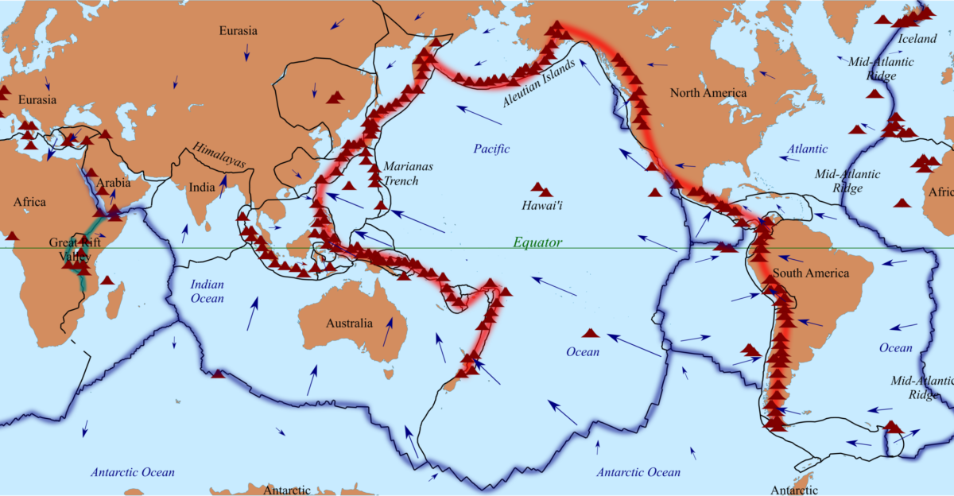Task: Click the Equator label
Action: tap(537, 242)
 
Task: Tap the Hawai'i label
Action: tap(542, 205)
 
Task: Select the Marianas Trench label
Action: tap(401, 174)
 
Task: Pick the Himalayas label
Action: tap(219, 156)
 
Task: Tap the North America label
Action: tap(708, 93)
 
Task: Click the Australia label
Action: tap(349, 324)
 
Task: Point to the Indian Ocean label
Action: tap(207, 292)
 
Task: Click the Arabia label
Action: tap(113, 184)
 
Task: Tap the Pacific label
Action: tap(491, 149)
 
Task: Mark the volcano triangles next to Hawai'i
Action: tap(541, 190)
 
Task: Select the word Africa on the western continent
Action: tap(29, 202)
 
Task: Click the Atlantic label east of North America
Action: tap(807, 149)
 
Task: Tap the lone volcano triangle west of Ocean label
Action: tap(591, 332)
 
